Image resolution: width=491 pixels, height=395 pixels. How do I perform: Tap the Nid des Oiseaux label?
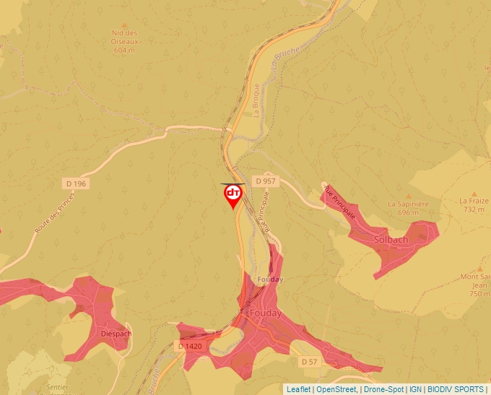125,33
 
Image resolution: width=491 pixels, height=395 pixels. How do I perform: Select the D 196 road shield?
75,184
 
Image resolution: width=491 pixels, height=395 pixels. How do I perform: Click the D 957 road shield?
265,181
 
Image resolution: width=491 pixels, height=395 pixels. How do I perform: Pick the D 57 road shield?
309,361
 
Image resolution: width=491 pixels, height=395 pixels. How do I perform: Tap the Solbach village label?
391,240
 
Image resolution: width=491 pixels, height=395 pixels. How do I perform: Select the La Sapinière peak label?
409,204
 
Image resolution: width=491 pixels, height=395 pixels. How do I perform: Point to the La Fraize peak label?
474,201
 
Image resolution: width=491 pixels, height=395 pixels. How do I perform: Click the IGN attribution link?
415,389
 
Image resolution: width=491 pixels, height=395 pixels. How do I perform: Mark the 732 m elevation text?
474,209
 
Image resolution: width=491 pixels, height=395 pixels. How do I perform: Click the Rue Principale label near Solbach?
340,201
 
